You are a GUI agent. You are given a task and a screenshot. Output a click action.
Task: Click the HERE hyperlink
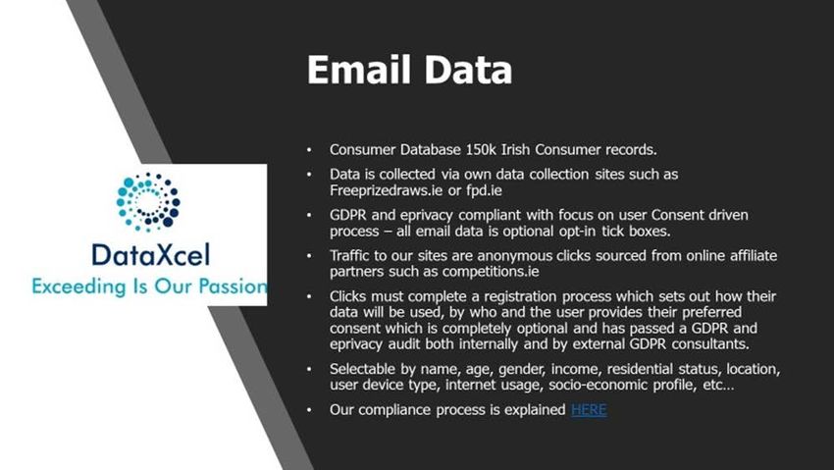pyautogui.click(x=589, y=410)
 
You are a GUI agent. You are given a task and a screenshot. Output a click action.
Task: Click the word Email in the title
pyautogui.click(x=359, y=70)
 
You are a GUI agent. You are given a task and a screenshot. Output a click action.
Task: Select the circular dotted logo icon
pyautogui.click(x=148, y=202)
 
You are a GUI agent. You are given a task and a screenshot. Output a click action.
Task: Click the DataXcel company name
pyautogui.click(x=151, y=255)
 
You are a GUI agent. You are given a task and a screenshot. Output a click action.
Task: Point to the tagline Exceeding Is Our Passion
pyautogui.click(x=149, y=287)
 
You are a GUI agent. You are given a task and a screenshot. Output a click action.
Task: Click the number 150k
pyautogui.click(x=481, y=150)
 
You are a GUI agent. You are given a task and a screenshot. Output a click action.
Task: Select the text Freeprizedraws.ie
pyautogui.click(x=387, y=190)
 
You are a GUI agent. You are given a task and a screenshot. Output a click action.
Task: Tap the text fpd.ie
pyautogui.click(x=484, y=190)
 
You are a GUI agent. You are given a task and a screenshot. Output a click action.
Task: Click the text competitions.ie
pyautogui.click(x=491, y=272)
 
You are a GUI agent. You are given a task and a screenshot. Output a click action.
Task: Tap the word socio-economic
pyautogui.click(x=599, y=385)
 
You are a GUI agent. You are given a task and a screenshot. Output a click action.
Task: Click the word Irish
pyautogui.click(x=515, y=150)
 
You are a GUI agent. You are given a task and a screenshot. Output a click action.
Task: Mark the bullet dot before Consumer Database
pyautogui.click(x=309, y=150)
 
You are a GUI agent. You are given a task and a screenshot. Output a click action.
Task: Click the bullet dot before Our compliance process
pyautogui.click(x=309, y=410)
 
